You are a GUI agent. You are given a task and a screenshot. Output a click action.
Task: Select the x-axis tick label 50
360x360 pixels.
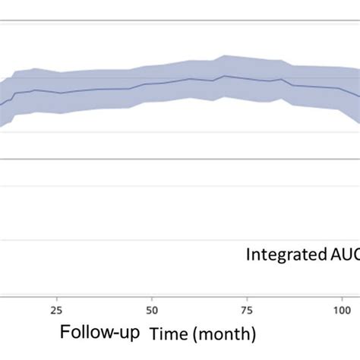152,310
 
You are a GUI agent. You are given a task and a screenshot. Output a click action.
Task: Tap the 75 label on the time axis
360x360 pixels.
247,310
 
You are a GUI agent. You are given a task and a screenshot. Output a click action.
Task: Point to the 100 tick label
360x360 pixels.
342,310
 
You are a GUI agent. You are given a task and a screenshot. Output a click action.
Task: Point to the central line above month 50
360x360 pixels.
152,84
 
